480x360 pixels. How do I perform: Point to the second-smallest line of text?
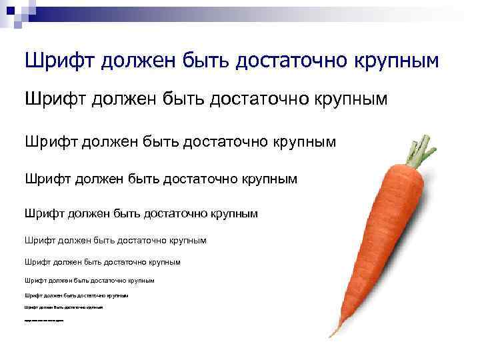(63, 307)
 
